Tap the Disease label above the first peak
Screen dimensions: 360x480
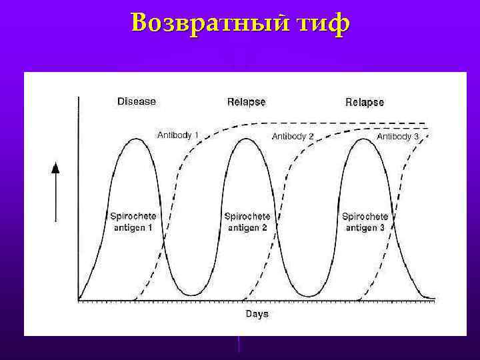[x=137, y=101]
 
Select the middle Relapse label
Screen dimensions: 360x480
[x=246, y=102]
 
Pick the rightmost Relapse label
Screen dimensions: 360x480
[x=365, y=102]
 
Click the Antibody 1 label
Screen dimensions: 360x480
[x=177, y=135]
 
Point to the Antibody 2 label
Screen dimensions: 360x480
[x=293, y=136]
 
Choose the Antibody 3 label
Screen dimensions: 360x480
[x=398, y=136]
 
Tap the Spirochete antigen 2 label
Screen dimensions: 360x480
[x=247, y=221]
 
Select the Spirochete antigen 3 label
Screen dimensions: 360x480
[x=365, y=221]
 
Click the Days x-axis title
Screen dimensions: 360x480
[x=257, y=313]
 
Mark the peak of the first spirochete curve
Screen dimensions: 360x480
[x=136, y=139]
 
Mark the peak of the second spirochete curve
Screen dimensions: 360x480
[x=247, y=139]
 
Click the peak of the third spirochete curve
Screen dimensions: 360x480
[x=364, y=139]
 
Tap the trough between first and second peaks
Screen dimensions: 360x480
[x=192, y=295]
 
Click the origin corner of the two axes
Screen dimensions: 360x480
[x=79, y=300]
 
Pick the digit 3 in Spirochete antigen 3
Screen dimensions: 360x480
[x=382, y=227]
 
